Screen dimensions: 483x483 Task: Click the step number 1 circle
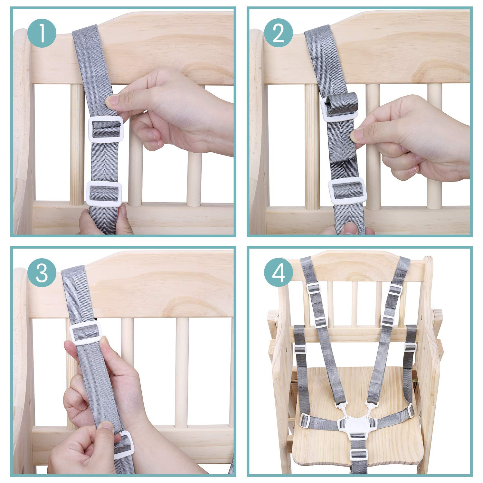click(42, 33)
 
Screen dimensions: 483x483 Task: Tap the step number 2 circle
click(279, 33)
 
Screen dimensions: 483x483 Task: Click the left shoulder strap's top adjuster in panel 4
click(312, 288)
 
